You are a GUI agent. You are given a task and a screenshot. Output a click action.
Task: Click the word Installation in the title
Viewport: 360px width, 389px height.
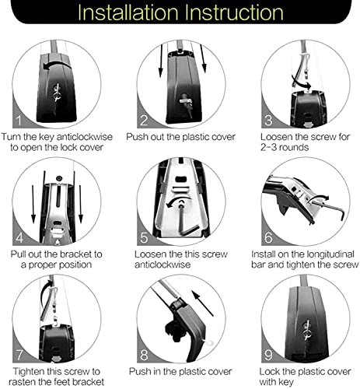pos(128,12)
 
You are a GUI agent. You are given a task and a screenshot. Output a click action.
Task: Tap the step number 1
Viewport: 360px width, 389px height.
pos(19,121)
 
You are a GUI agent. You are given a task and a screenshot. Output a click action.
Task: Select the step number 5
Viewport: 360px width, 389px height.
pos(144,238)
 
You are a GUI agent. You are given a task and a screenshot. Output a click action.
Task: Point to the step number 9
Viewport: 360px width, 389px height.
pos(268,355)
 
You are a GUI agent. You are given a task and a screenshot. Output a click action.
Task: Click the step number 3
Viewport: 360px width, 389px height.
pos(268,121)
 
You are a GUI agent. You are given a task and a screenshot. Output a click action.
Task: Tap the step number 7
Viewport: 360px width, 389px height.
pos(19,355)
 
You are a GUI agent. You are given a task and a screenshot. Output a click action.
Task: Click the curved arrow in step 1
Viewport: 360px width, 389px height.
pos(56,65)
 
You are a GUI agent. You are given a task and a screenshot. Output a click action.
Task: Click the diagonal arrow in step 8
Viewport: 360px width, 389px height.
pos(202,303)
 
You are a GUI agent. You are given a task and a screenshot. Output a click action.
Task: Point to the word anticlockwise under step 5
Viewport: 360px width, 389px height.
pos(163,265)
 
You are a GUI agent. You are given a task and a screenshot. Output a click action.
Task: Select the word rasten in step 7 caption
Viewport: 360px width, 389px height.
pos(21,382)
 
